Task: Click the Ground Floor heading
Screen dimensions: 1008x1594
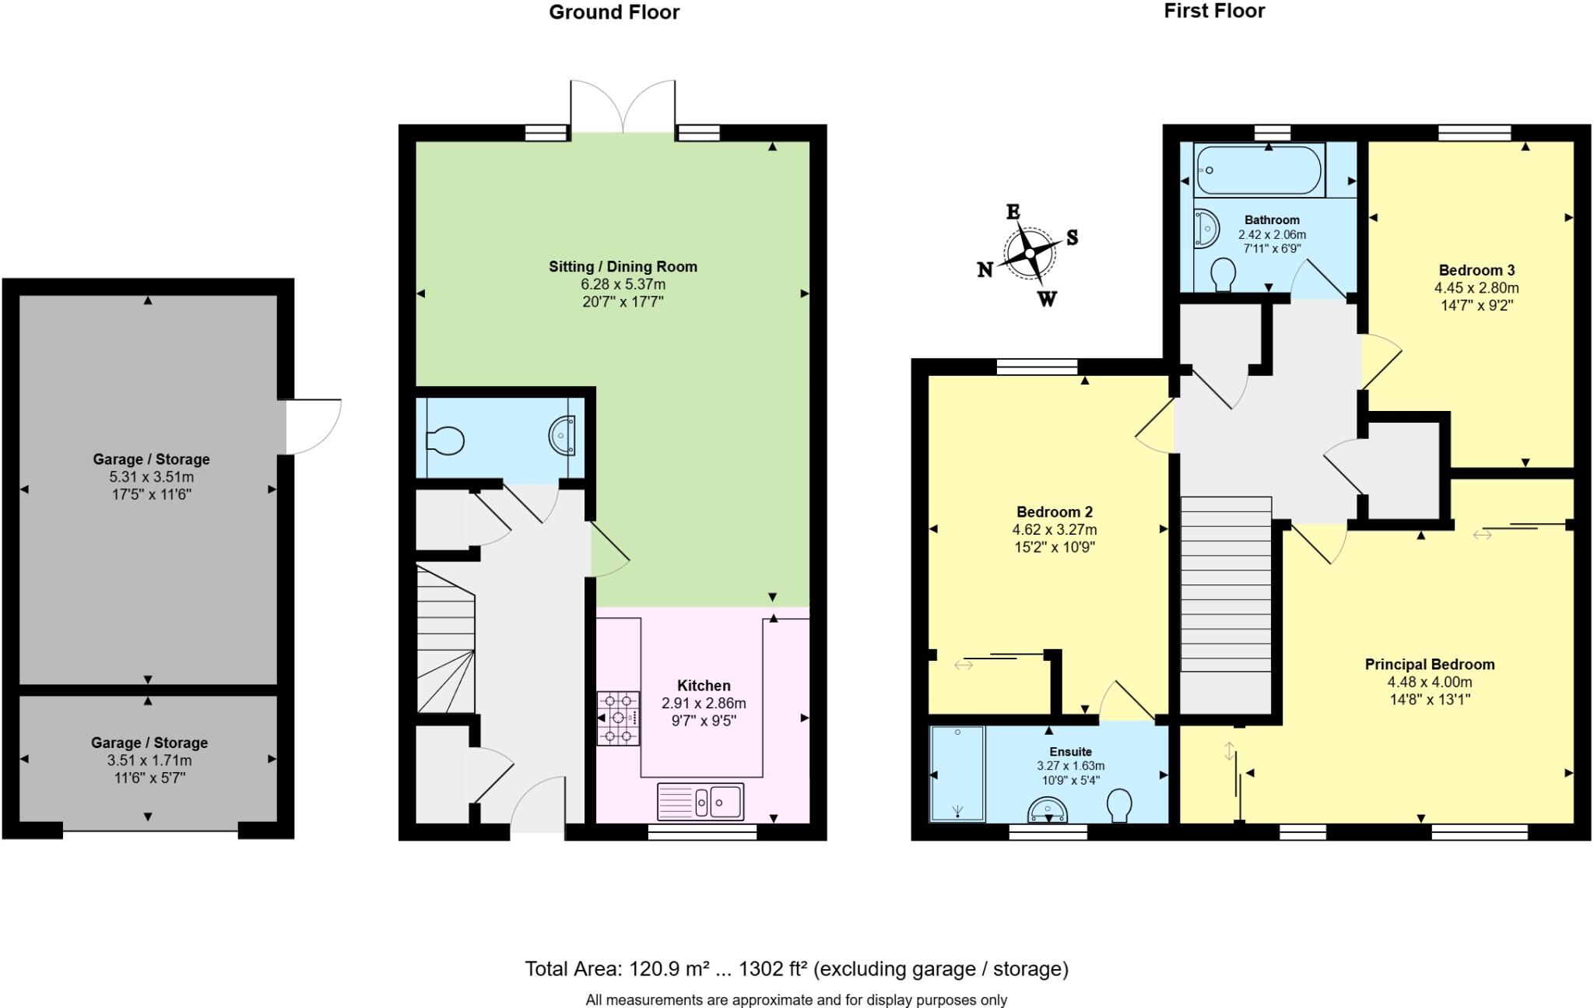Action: tap(614, 12)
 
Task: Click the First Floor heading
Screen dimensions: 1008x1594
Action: tap(1213, 11)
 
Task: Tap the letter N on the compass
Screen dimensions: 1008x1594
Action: tap(985, 269)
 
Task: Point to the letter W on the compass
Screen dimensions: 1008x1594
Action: tap(1048, 299)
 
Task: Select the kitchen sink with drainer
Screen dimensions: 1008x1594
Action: tap(701, 801)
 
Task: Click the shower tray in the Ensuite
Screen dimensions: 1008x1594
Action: tap(957, 773)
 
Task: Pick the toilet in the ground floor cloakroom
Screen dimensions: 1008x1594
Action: tap(445, 441)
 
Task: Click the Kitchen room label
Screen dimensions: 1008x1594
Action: tap(704, 686)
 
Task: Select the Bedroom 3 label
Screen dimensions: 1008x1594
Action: tap(1476, 270)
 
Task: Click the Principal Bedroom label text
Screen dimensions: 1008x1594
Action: tap(1429, 664)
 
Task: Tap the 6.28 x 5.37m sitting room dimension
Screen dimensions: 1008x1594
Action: tap(623, 284)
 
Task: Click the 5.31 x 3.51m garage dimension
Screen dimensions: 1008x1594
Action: tap(151, 476)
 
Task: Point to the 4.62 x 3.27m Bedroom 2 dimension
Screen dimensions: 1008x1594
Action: tap(1054, 529)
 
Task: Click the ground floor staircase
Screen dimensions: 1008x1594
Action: tap(445, 640)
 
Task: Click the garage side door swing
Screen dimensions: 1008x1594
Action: tap(313, 427)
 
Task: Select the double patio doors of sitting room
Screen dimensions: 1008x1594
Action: tap(623, 107)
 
